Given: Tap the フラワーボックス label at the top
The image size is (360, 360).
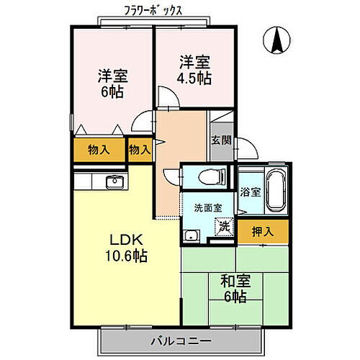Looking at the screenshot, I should pyautogui.click(x=156, y=11).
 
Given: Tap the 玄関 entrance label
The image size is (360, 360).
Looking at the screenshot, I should pyautogui.click(x=221, y=140).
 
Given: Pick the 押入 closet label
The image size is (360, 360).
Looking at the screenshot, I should pyautogui.click(x=262, y=231).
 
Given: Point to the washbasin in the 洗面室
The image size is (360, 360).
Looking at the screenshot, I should pyautogui.click(x=191, y=235).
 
